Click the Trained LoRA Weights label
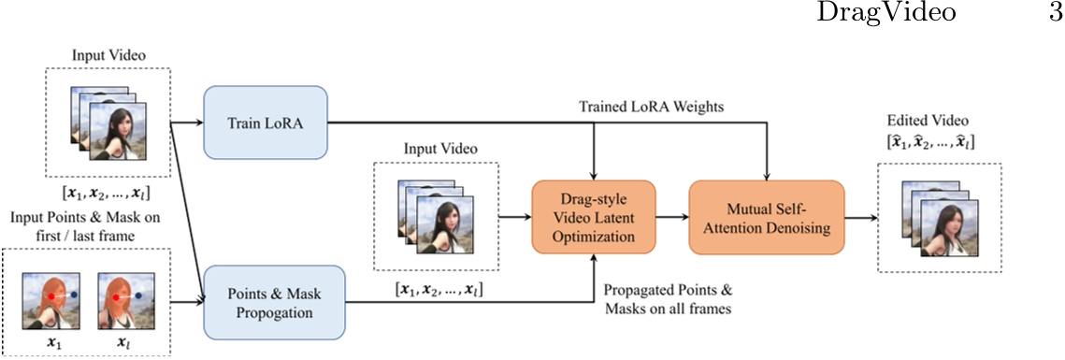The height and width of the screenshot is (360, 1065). click(665, 108)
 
